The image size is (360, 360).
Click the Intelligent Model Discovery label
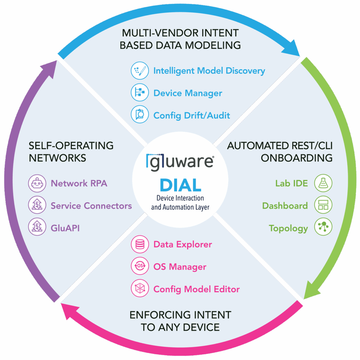click(x=209, y=71)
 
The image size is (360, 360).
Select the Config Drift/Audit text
click(x=192, y=115)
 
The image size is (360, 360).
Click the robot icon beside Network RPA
click(x=37, y=183)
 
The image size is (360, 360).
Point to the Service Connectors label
click(x=91, y=206)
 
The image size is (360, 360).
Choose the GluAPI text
click(x=65, y=228)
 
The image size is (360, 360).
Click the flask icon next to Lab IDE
click(x=323, y=183)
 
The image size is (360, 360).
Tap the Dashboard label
click(x=285, y=206)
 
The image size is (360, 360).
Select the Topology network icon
click(x=323, y=228)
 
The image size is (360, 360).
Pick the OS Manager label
click(x=180, y=267)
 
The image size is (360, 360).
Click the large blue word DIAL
click(x=180, y=185)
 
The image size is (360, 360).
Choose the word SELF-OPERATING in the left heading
click(x=71, y=145)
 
